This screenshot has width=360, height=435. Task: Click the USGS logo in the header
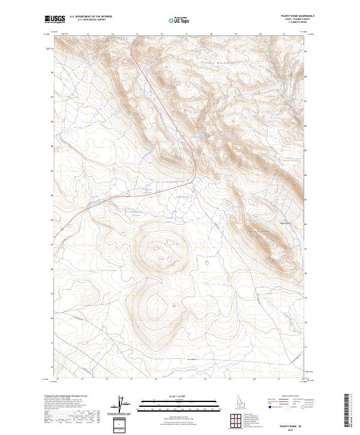coord(55,20)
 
